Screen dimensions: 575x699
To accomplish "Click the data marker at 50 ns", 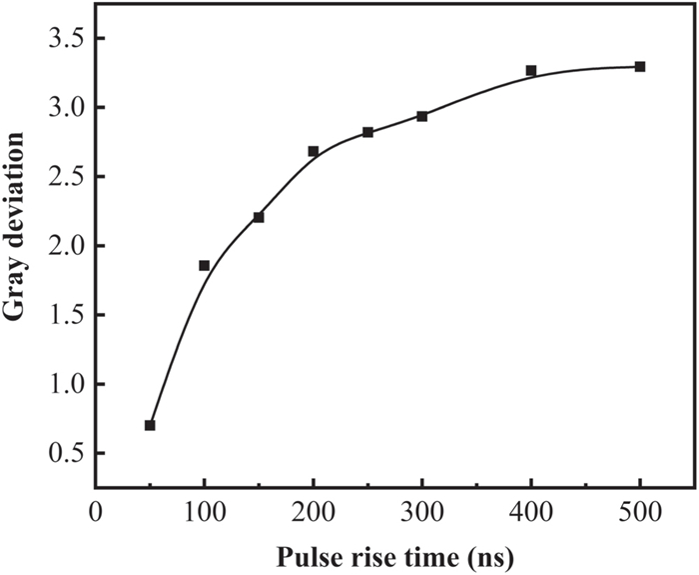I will [150, 425].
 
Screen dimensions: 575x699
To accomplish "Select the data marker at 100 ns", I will [204, 265].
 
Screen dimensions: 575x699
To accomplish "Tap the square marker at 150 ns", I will [258, 217].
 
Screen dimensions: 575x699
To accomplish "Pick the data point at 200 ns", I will [313, 151].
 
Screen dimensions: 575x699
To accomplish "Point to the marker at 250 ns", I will [367, 132].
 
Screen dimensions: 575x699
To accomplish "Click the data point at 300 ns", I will [421, 116].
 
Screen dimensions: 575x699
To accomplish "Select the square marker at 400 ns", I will [531, 70].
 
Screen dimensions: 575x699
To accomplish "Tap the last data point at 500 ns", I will [640, 67].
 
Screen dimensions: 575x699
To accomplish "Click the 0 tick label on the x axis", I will [96, 510].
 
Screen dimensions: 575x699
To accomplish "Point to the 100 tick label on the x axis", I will [204, 510].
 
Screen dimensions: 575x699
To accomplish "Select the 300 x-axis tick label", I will [421, 510].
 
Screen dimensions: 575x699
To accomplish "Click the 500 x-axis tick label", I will [640, 510].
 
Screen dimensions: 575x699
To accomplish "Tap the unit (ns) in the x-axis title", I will [492, 551].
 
